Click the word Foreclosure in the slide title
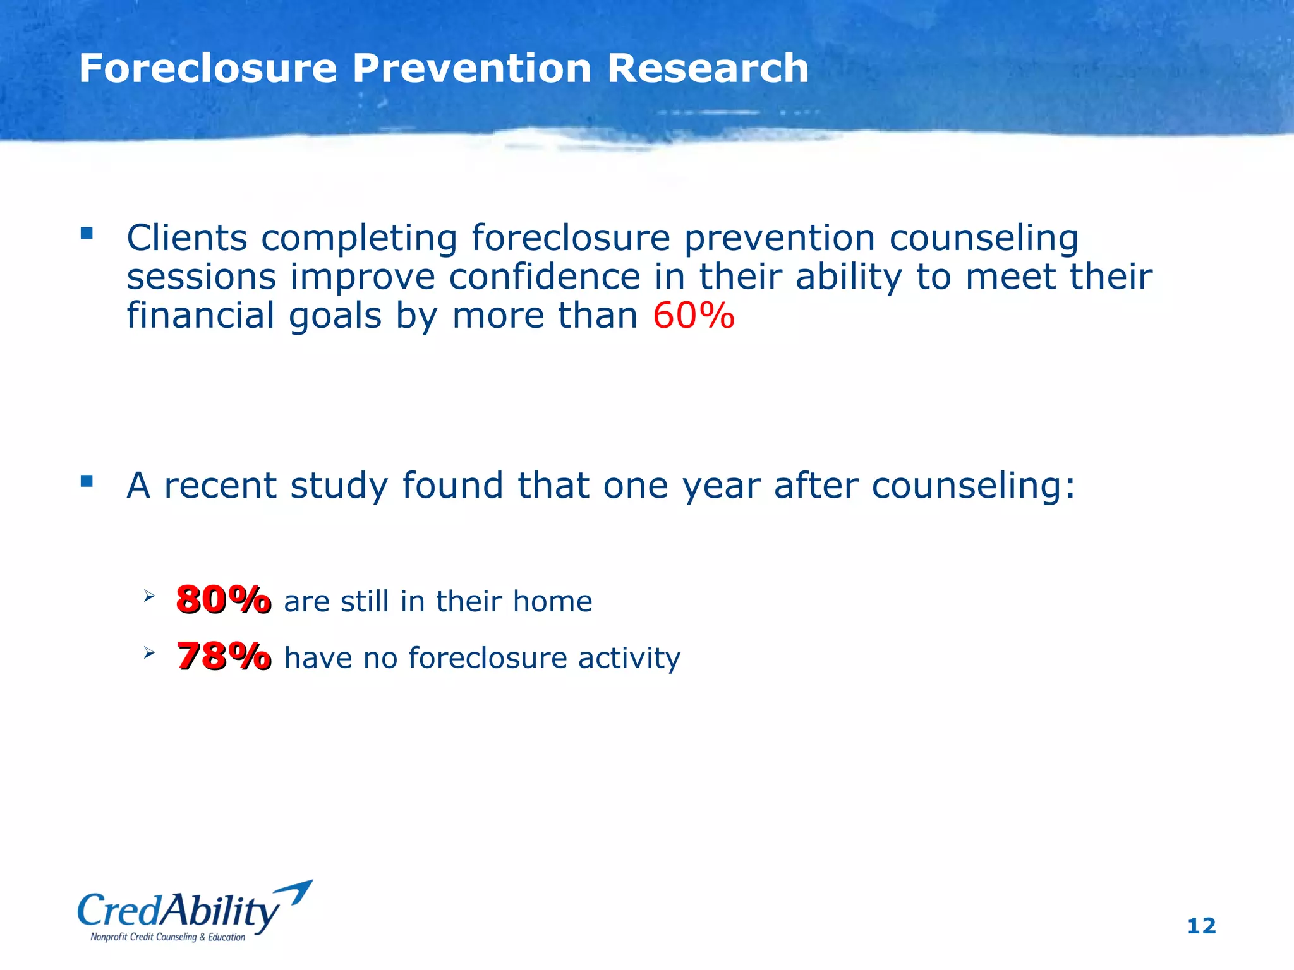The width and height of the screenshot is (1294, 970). point(208,68)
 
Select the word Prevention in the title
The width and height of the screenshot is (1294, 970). point(472,68)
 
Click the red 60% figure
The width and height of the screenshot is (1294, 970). point(694,316)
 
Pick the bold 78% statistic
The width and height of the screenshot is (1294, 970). point(224,656)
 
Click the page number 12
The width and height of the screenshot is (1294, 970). point(1201,926)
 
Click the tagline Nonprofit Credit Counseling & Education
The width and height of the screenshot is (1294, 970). point(167,937)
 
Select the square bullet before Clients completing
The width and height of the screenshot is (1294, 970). point(87,234)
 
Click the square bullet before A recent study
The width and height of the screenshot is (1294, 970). point(87,482)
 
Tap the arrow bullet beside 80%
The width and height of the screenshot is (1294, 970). point(148,596)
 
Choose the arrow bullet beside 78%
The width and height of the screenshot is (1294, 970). point(148,652)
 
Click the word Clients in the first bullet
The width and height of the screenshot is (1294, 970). point(186,239)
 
